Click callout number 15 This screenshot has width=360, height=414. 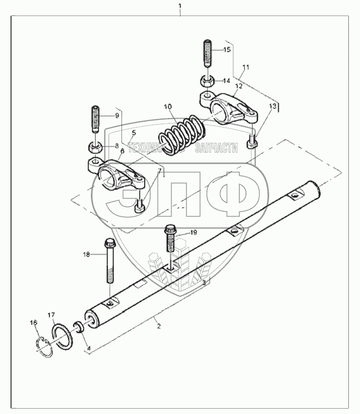(227, 50)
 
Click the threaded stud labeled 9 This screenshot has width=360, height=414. (95, 120)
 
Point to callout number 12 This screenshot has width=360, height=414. (239, 86)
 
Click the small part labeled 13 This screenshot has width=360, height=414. (253, 141)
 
